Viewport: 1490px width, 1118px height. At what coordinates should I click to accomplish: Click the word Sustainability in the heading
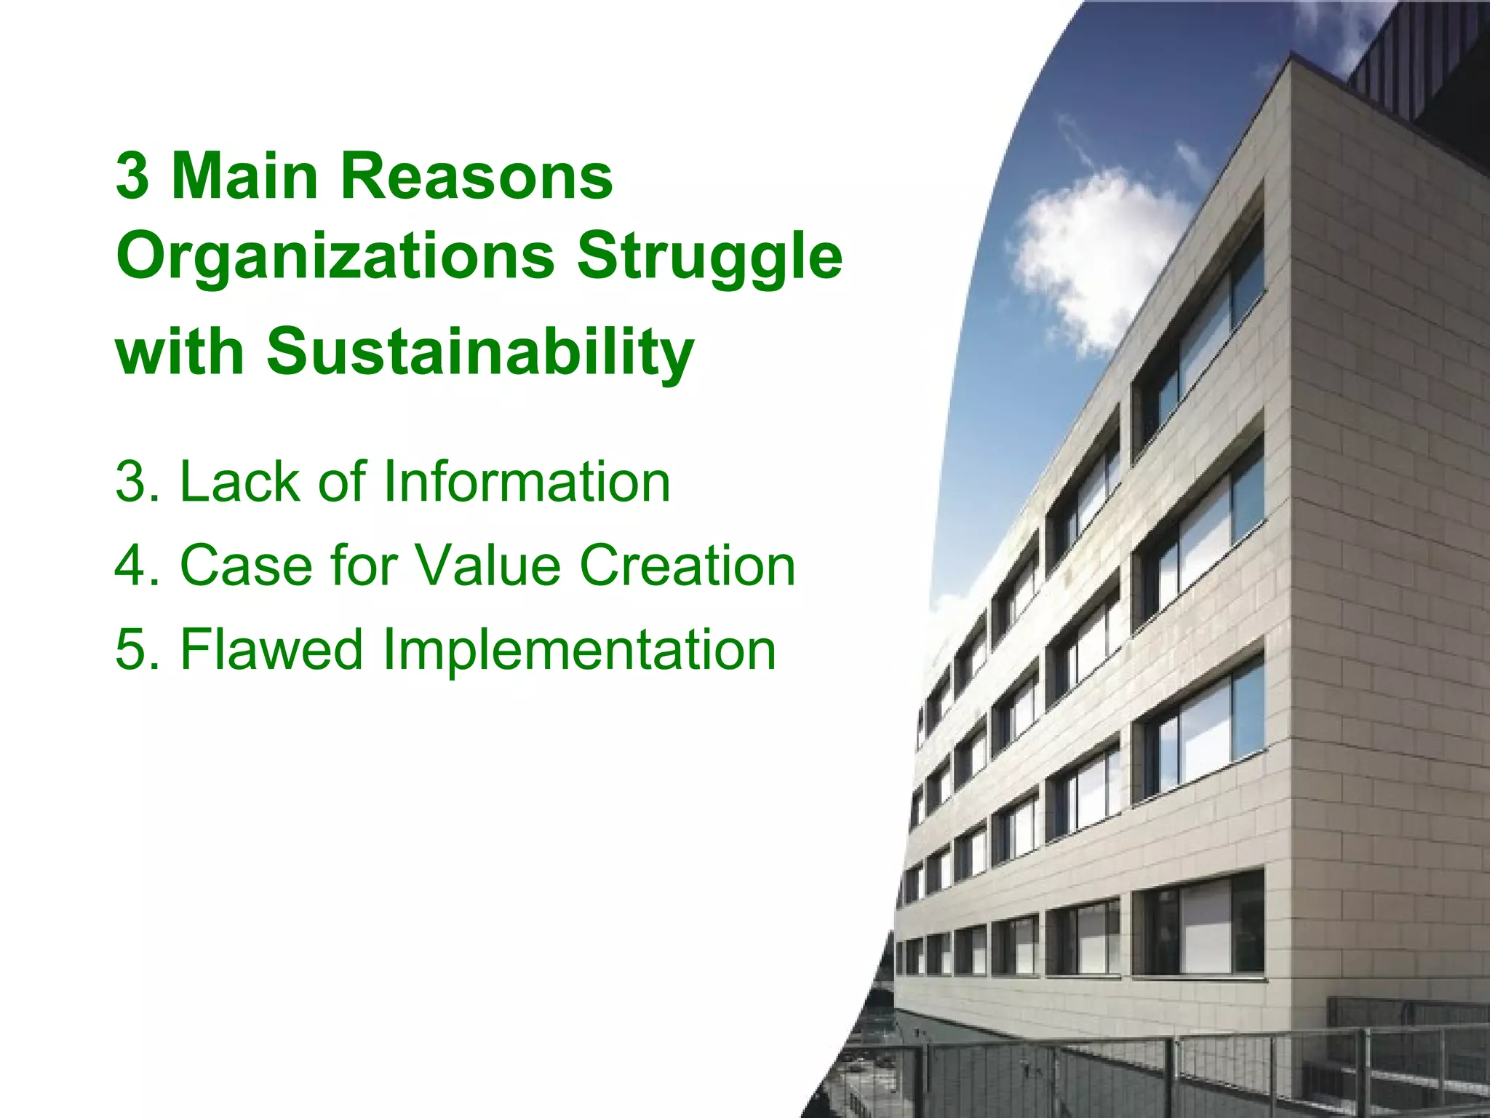480,352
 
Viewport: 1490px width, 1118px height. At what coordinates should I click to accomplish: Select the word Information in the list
526,482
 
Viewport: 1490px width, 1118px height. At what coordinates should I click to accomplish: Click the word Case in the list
245,566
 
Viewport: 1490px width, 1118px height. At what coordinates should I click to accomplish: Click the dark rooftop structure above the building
1419,66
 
